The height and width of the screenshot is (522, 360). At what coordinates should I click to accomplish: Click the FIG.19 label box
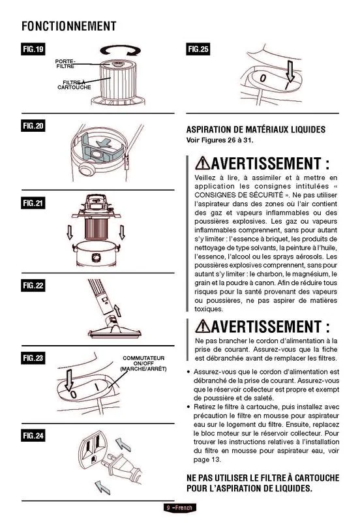[33, 50]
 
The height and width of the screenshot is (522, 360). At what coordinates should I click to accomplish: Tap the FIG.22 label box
[33, 285]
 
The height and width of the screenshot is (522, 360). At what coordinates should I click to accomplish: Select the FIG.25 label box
[198, 50]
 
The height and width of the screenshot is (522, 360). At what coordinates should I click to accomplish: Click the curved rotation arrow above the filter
[121, 50]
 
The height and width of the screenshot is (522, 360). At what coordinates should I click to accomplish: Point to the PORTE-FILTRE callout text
[65, 63]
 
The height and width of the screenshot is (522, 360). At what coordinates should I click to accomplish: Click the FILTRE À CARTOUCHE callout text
[74, 85]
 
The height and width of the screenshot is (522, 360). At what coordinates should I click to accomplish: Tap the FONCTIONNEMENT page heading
[69, 26]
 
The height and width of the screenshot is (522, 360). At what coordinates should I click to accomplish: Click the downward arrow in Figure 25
[290, 71]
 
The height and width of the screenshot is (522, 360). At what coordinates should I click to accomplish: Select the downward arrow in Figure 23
[69, 380]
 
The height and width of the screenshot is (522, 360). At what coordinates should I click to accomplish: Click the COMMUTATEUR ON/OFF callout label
[143, 363]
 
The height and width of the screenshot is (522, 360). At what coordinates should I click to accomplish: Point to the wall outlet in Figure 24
[92, 449]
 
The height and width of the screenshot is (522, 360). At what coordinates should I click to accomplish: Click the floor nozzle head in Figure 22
[114, 332]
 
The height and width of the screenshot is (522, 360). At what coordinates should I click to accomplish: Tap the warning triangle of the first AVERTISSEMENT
[202, 164]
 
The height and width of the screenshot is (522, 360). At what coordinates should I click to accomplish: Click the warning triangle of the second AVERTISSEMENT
[202, 326]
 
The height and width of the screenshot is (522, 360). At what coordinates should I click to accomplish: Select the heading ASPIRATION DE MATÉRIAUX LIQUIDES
[256, 129]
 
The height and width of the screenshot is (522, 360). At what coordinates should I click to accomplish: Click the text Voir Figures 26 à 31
[220, 140]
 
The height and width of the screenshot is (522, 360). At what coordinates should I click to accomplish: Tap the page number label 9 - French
[179, 508]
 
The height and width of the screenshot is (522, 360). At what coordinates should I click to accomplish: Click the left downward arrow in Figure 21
[70, 232]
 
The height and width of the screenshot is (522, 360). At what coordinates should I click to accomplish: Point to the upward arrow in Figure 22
[117, 311]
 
